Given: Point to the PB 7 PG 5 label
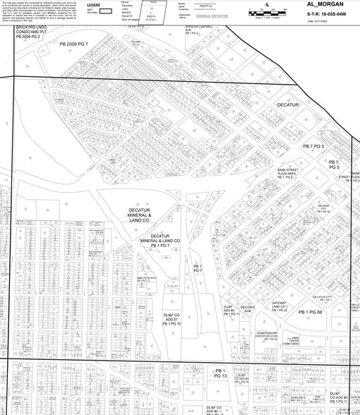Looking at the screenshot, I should point(313,146).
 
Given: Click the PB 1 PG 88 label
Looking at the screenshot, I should point(310,311).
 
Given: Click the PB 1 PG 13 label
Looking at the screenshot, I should point(220,373).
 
